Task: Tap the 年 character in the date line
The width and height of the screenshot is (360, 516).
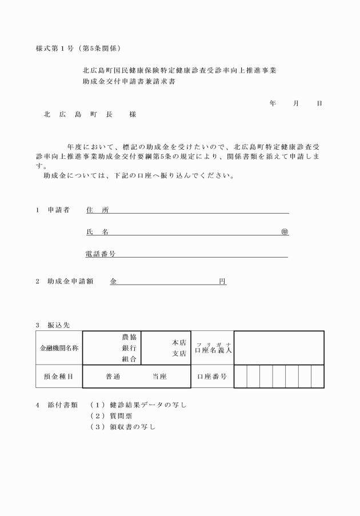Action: click(x=273, y=103)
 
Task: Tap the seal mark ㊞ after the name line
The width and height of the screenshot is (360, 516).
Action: click(x=285, y=232)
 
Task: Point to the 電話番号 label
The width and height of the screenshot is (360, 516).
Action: click(x=101, y=254)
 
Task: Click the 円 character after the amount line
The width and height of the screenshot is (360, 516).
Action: click(x=222, y=282)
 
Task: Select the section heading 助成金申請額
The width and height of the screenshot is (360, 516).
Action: click(x=70, y=282)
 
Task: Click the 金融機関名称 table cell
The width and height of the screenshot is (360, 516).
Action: click(x=59, y=347)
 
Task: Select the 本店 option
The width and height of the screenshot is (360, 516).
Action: click(x=179, y=343)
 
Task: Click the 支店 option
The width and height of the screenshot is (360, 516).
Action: click(x=179, y=354)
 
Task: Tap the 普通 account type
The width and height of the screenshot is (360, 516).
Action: click(x=113, y=377)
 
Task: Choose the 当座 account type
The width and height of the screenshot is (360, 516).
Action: click(x=159, y=377)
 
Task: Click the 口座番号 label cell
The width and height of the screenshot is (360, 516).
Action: click(x=212, y=377)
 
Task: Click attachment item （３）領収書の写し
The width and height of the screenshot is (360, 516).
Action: click(x=123, y=427)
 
